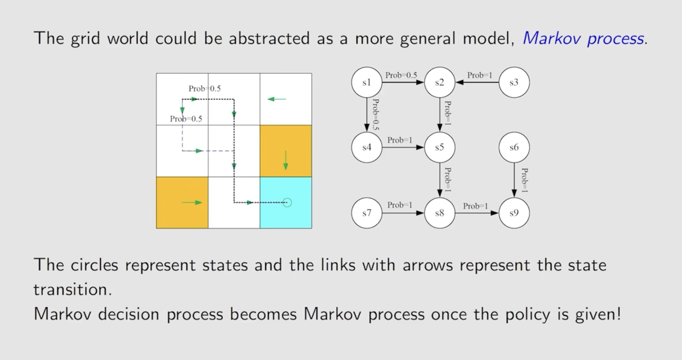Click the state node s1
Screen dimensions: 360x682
(x=367, y=82)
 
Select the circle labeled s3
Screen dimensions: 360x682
(x=514, y=82)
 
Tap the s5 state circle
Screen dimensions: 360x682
(x=440, y=147)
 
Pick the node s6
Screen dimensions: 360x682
(x=514, y=147)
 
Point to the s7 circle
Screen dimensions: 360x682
(x=367, y=213)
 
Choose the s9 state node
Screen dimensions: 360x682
(x=514, y=213)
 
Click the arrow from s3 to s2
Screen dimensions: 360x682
(x=477, y=82)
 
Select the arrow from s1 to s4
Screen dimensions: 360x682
(x=367, y=115)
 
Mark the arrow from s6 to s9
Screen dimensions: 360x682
(x=514, y=180)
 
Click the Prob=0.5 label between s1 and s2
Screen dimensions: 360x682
(x=401, y=75)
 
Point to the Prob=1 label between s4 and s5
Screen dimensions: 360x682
(x=400, y=140)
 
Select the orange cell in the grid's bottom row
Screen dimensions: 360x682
(x=182, y=203)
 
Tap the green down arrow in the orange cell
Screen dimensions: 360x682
(x=285, y=160)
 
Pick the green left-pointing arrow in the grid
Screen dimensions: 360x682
(x=277, y=99)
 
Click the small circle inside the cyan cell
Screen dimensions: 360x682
(x=287, y=203)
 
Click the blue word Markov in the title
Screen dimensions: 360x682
(x=551, y=39)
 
